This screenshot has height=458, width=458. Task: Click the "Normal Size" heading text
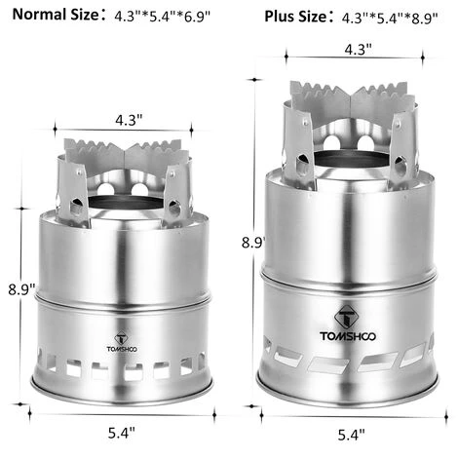tap(56, 15)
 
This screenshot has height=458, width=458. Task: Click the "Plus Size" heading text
tap(295, 17)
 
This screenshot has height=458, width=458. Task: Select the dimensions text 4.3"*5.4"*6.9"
tap(163, 17)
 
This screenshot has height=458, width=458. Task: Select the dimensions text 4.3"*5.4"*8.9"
tap(390, 18)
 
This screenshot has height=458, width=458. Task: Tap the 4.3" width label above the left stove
tap(129, 121)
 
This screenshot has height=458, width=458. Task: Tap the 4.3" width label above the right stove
tap(358, 50)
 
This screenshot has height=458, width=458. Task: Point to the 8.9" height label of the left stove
tap(21, 289)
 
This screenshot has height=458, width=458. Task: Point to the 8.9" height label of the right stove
tap(253, 243)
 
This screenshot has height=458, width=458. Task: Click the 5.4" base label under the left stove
tap(122, 433)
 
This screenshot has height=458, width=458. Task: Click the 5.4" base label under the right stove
tap(351, 435)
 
